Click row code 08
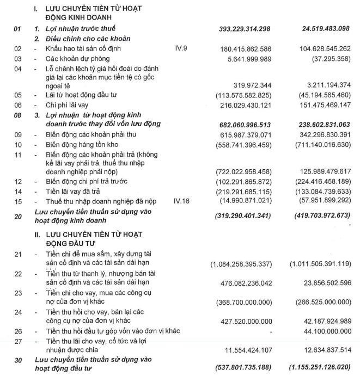point(17,124)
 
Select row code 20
point(17,216)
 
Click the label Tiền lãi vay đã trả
point(75,191)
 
